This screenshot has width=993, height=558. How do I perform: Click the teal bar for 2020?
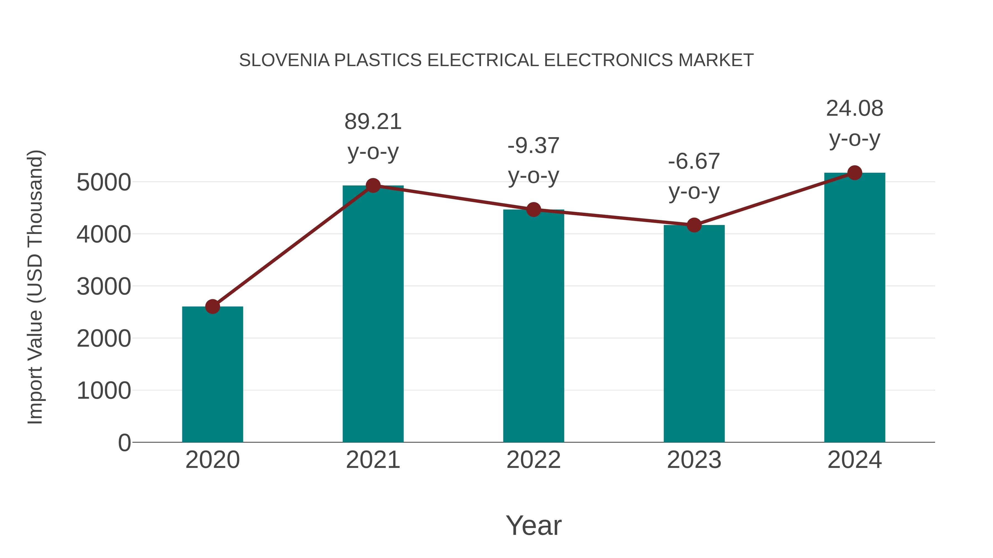tap(212, 378)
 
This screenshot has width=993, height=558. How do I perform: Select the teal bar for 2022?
tap(533, 327)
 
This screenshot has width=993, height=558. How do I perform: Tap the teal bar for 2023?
tap(694, 335)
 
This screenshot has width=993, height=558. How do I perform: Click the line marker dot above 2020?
tap(212, 306)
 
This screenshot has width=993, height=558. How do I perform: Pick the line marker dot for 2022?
tap(533, 209)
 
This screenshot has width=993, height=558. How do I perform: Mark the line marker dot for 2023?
tap(694, 225)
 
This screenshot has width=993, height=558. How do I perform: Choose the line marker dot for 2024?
tap(855, 173)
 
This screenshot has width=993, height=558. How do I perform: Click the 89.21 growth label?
tap(373, 122)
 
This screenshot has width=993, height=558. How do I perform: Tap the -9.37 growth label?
tap(533, 145)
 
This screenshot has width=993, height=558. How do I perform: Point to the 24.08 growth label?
tap(855, 108)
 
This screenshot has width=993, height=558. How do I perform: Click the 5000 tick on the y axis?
tap(104, 182)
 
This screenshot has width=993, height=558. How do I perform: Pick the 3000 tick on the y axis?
tap(104, 287)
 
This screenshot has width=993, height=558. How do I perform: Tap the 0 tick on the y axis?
tap(124, 443)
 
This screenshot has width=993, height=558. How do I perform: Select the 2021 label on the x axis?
tap(373, 460)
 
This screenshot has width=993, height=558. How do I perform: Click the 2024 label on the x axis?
tap(855, 460)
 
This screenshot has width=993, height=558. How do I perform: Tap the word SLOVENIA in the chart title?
tap(284, 60)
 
